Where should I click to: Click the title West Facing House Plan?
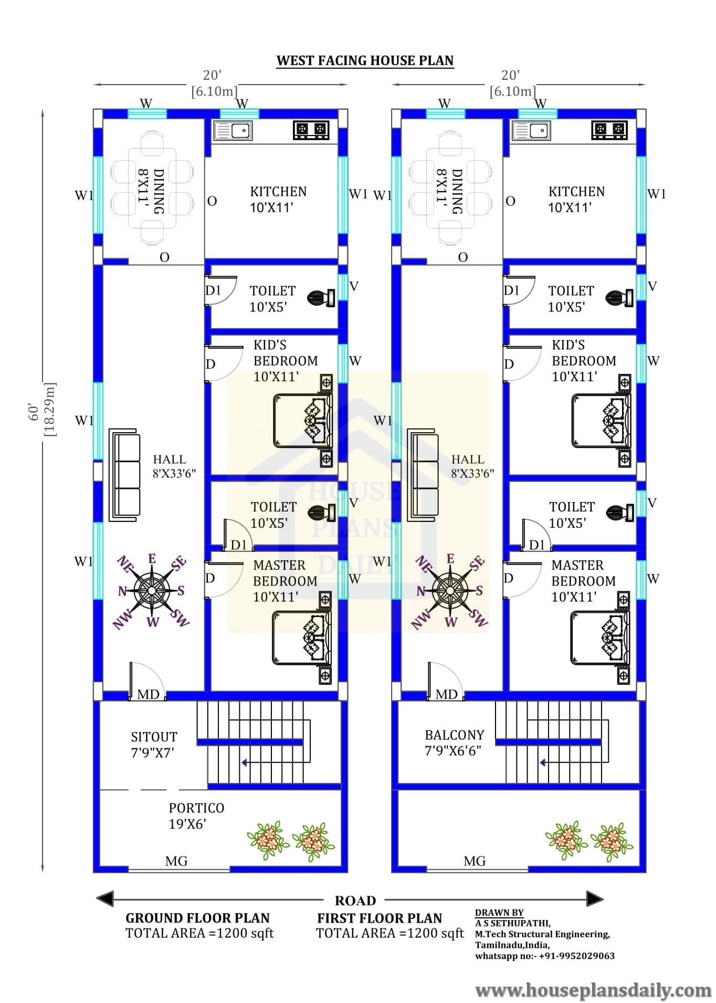click(365, 60)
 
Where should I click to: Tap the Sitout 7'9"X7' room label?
click(154, 745)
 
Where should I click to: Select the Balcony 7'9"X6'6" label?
click(454, 743)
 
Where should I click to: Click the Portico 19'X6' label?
click(196, 816)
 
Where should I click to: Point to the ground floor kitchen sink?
click(233, 130)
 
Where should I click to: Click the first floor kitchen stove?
click(609, 130)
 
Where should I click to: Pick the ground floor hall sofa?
click(125, 475)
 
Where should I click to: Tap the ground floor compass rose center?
click(152, 591)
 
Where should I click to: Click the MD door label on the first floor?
click(446, 694)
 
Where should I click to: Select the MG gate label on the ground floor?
click(176, 861)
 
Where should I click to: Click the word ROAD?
click(355, 901)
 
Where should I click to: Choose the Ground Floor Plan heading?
click(197, 918)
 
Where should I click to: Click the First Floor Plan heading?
click(380, 918)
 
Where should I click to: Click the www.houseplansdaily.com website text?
click(593, 990)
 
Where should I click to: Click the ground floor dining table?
click(152, 187)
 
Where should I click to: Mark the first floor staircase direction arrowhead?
click(543, 762)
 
